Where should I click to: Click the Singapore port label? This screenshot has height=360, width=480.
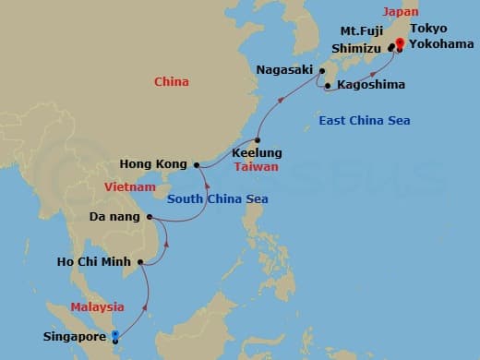click(x=75, y=337)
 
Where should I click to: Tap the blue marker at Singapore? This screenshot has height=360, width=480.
click(x=114, y=336)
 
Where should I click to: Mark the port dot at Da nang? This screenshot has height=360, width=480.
click(x=150, y=218)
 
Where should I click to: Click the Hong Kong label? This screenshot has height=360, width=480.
click(x=154, y=165)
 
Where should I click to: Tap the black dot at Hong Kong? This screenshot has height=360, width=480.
click(x=197, y=165)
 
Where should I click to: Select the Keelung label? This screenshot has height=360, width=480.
click(x=258, y=152)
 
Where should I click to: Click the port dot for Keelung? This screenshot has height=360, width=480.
click(x=258, y=139)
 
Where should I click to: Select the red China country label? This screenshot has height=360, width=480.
click(x=172, y=82)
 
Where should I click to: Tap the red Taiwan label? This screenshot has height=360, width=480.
click(x=257, y=167)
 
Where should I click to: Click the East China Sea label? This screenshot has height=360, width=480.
click(x=365, y=121)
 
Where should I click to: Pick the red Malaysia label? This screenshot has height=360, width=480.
click(x=98, y=306)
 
